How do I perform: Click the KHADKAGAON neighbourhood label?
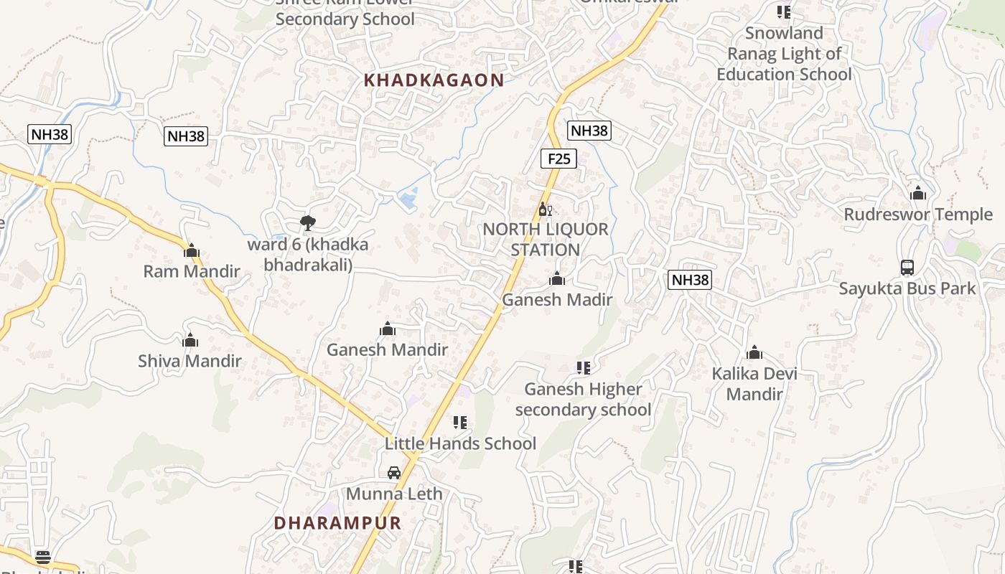tap(434, 80)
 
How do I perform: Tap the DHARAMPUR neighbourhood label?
tap(337, 523)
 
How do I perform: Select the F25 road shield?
tap(558, 159)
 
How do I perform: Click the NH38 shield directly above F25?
tap(589, 131)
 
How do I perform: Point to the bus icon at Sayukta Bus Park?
tap(907, 268)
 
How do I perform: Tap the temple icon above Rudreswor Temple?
tap(917, 194)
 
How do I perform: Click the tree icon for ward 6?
tap(308, 223)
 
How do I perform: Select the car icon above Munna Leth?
tap(394, 473)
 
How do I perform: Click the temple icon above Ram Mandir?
tap(191, 251)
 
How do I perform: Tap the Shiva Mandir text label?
tap(190, 361)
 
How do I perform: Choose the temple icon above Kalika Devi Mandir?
tap(754, 353)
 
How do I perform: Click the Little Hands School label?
tap(460, 443)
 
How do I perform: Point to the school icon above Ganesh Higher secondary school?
tap(583, 368)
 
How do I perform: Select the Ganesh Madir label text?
tap(557, 300)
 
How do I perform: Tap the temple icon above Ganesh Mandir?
tap(388, 329)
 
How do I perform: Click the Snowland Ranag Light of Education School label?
tap(784, 54)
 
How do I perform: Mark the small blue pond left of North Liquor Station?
tap(408, 197)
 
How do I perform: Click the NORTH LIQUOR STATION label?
tap(546, 240)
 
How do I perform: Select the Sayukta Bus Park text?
tap(907, 288)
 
